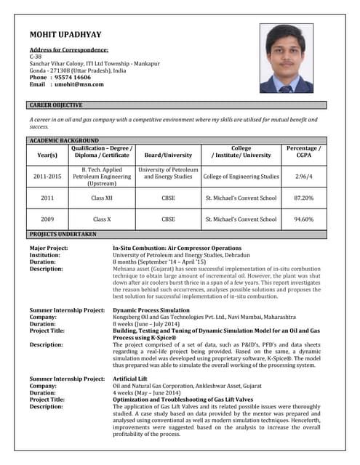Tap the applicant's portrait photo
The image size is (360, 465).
286,58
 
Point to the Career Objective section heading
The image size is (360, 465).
56,105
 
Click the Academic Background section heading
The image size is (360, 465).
64,140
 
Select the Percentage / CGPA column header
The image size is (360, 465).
303,151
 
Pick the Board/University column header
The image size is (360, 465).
168,155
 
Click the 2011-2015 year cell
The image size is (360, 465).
47,176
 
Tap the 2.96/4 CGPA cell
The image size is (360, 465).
303,176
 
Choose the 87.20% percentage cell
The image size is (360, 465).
303,198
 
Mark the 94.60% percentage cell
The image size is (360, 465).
303,219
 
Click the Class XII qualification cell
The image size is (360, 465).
101,198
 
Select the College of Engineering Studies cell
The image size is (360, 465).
241,176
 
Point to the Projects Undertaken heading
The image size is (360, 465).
63,234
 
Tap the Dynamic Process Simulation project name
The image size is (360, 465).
151,310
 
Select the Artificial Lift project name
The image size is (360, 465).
132,379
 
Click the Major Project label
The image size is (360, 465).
49,248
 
